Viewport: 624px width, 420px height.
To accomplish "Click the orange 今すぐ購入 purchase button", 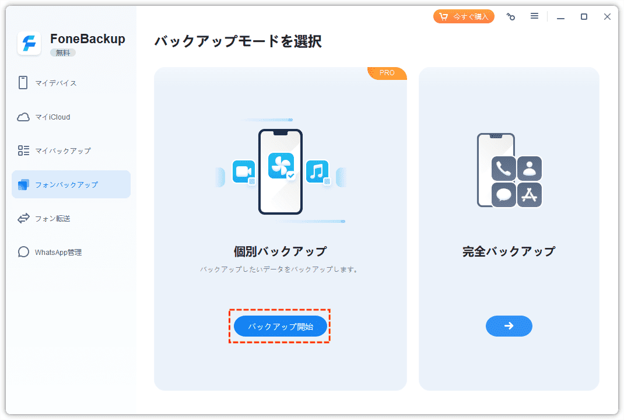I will click(464, 16).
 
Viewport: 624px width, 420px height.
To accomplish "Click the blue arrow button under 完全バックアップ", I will click(509, 326).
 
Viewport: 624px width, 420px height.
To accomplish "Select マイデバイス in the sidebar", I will click(55, 83).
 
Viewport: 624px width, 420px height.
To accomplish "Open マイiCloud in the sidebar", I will click(52, 117).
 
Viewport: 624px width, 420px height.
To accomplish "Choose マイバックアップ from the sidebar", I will click(62, 150).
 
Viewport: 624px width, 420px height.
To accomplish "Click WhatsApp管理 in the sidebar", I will click(58, 252).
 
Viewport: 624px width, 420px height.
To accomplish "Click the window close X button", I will click(607, 17).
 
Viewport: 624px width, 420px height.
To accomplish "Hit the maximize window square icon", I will click(584, 17).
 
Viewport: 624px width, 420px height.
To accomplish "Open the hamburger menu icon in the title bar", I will click(534, 16).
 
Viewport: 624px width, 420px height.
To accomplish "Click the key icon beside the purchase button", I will click(511, 17).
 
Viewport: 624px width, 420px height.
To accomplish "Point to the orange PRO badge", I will click(387, 73).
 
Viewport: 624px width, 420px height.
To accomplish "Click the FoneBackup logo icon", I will click(29, 43).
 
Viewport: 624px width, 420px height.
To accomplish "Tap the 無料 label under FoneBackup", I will click(62, 52).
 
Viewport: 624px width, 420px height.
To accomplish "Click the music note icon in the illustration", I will click(317, 171).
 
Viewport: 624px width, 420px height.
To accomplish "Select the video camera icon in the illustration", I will click(243, 171).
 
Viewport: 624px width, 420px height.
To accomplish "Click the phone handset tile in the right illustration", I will click(503, 168).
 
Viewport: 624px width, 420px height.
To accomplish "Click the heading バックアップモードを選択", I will click(237, 41).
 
